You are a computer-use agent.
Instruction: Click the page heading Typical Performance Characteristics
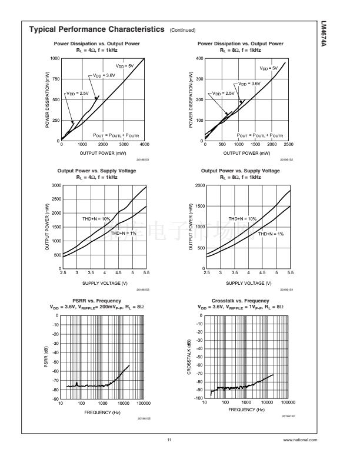tap(97, 29)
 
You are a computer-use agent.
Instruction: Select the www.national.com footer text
tap(300, 441)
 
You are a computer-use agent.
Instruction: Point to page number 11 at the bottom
tap(169, 441)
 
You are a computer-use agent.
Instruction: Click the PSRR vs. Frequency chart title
tap(96, 301)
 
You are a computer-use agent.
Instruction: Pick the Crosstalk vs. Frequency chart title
tap(240, 301)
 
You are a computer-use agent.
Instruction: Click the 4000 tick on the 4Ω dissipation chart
tap(144, 145)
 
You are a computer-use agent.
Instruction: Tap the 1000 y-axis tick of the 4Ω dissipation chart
tap(55, 58)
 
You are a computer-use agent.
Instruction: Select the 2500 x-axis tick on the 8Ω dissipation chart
tap(288, 145)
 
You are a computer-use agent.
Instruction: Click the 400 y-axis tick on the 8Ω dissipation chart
tap(199, 58)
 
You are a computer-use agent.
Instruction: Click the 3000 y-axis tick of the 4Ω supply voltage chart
tap(55, 185)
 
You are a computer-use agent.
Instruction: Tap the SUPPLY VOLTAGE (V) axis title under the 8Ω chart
tap(246, 283)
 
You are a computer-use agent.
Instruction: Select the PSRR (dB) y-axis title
tap(46, 357)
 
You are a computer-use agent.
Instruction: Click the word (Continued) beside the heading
tap(182, 30)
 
